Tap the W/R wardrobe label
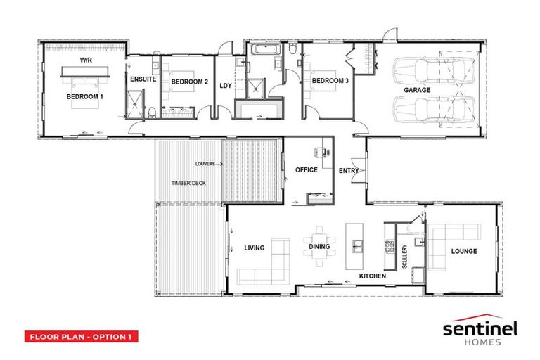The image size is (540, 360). (85, 61)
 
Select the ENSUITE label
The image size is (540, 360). (143, 79)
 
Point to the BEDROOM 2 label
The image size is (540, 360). (190, 82)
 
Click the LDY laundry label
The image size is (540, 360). (225, 86)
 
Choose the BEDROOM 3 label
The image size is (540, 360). (330, 81)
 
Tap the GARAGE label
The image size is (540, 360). (417, 91)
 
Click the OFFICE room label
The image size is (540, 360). (307, 169)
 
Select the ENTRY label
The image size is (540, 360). (349, 170)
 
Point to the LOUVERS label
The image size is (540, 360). (206, 163)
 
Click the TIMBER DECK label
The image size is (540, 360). (188, 183)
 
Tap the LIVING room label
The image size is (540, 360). (254, 247)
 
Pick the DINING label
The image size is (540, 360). (320, 247)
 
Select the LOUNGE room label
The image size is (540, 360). (464, 251)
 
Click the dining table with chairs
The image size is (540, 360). (320, 246)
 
